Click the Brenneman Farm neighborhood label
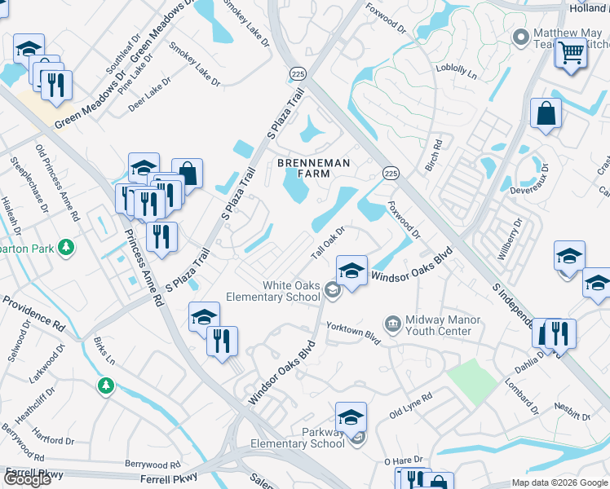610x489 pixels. (x=314, y=170)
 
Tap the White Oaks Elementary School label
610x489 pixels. (x=291, y=291)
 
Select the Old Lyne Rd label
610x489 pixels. (x=410, y=405)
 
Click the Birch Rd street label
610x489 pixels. (x=433, y=156)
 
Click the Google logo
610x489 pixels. (x=27, y=478)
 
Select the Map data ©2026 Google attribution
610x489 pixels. (x=559, y=482)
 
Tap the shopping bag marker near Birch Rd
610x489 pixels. (x=545, y=113)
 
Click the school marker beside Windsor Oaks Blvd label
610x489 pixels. (x=351, y=270)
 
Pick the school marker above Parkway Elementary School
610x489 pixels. (x=351, y=416)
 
